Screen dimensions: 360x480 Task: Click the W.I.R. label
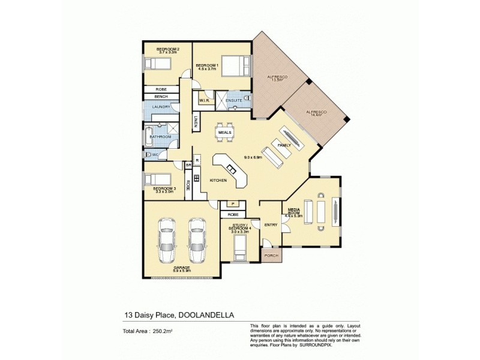[203, 100]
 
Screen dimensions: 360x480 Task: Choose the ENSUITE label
[233, 100]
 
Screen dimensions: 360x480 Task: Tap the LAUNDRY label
[160, 107]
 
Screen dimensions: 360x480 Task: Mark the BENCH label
[160, 96]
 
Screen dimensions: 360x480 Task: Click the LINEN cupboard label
[196, 122]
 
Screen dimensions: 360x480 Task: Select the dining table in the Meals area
[225, 131]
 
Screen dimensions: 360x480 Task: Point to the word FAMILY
[284, 145]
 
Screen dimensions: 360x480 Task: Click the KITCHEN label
[217, 180]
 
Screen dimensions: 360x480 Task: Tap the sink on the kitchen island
[231, 171]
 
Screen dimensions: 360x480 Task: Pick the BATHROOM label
[160, 137]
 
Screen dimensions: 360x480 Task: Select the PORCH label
[272, 255]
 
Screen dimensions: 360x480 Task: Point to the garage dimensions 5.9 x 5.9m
[182, 271]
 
